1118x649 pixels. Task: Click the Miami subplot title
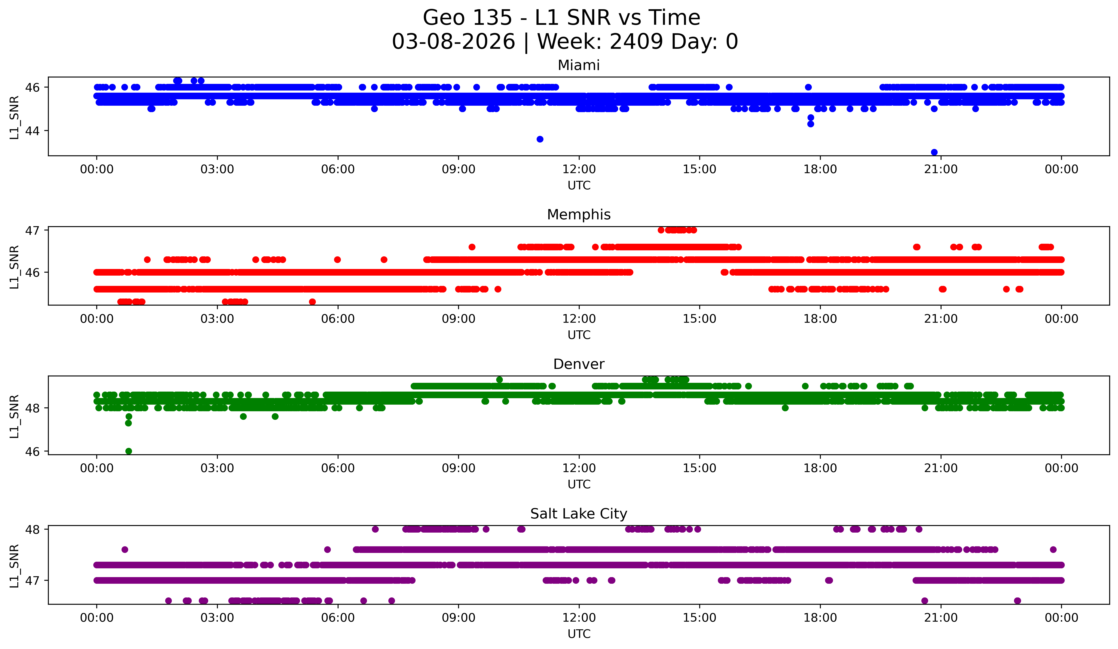579,65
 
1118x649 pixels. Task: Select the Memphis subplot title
579,215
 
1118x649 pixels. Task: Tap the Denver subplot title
579,364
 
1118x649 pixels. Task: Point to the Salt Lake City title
579,514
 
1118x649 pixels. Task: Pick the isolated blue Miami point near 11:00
540,139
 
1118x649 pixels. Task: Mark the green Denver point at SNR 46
129,451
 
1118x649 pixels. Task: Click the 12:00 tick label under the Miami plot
579,169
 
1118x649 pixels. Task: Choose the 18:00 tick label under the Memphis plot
820,319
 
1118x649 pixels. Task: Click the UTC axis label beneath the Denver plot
579,484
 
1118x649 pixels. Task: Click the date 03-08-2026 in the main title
453,42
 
